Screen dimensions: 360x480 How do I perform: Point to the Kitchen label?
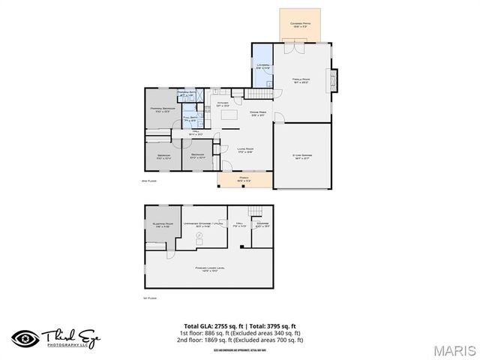click(x=223, y=103)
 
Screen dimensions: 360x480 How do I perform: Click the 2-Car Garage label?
click(x=301, y=157)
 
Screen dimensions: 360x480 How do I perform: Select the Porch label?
click(x=244, y=179)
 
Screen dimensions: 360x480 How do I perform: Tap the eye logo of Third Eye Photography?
click(x=25, y=337)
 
